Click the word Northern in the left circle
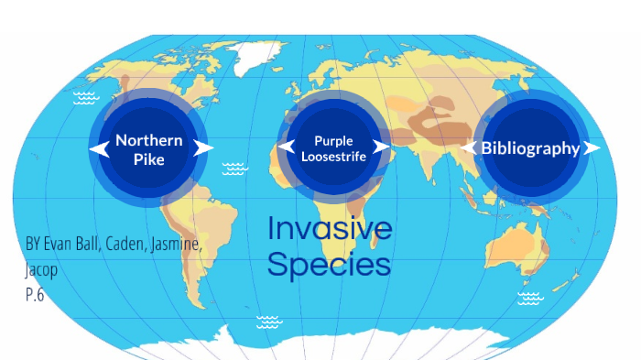[x=149, y=141]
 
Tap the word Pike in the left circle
[x=149, y=160]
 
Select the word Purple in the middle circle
[x=333, y=141]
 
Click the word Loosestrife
[x=333, y=158]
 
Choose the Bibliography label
[x=530, y=148]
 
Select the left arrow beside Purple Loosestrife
[x=286, y=147]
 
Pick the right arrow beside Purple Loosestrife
[x=382, y=147]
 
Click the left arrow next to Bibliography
[x=469, y=147]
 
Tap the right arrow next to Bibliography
[x=592, y=147]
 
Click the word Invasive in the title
[x=330, y=229]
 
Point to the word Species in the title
[x=329, y=265]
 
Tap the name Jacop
[x=40, y=270]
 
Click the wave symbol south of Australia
[x=528, y=298]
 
